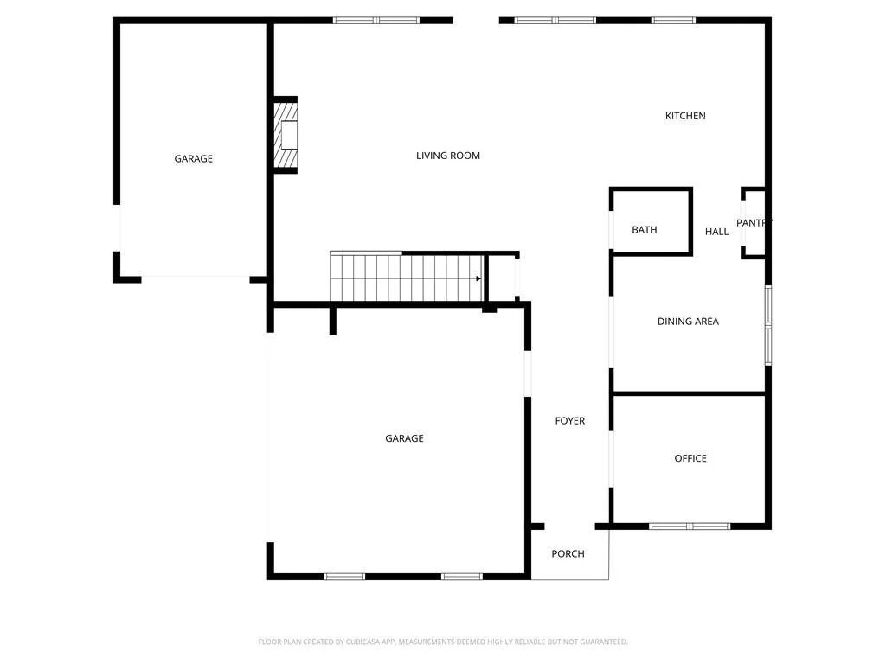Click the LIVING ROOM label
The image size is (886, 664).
(x=448, y=156)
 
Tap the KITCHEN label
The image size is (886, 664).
(x=685, y=116)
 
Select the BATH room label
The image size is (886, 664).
(x=644, y=230)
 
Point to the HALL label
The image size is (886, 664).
(x=716, y=232)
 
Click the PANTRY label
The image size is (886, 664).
(x=754, y=223)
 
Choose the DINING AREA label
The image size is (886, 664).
(x=688, y=322)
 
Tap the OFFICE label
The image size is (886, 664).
(x=690, y=458)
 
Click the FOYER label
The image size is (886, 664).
(x=569, y=421)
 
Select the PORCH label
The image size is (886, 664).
(x=568, y=554)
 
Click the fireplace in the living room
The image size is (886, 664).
(x=286, y=135)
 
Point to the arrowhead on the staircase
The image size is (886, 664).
(x=478, y=278)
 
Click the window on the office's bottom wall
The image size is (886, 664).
(x=690, y=527)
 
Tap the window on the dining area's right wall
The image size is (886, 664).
(x=768, y=325)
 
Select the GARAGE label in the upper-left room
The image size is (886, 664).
(x=193, y=159)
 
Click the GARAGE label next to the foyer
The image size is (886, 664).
(x=404, y=438)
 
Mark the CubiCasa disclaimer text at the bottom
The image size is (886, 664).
(x=443, y=642)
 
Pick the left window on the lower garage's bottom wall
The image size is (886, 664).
(x=344, y=577)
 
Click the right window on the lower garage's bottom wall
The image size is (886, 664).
(x=462, y=577)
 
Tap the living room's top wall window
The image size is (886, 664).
(x=376, y=21)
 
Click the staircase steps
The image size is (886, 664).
(x=407, y=278)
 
